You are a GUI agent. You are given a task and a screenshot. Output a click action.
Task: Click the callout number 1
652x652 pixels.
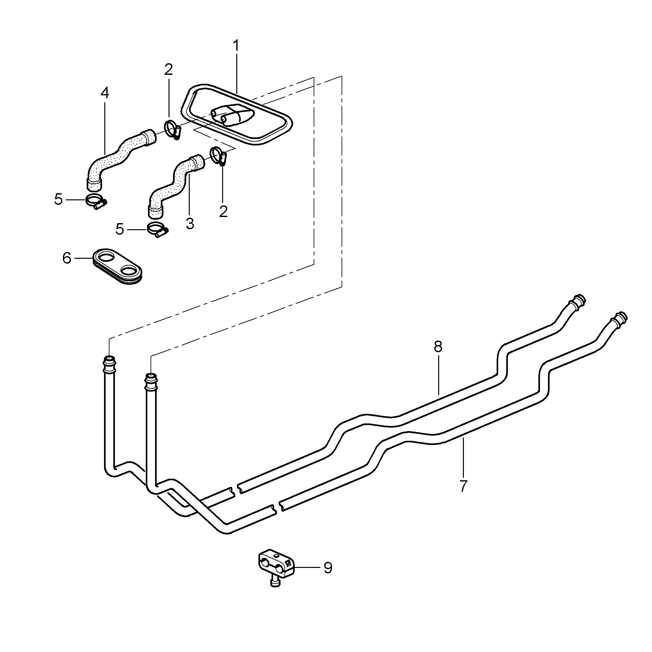pyautogui.click(x=236, y=46)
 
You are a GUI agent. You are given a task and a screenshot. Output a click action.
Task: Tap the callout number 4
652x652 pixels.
pyautogui.click(x=105, y=93)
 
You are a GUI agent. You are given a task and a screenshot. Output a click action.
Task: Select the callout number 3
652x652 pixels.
pyautogui.click(x=190, y=223)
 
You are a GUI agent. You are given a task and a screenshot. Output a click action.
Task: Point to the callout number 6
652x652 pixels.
pyautogui.click(x=67, y=258)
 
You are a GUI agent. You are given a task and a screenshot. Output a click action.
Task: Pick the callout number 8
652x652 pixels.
pyautogui.click(x=438, y=347)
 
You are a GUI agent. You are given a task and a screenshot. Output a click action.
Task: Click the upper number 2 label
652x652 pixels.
pyautogui.click(x=169, y=70)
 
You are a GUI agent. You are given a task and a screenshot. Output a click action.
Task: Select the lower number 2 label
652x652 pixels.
pyautogui.click(x=223, y=212)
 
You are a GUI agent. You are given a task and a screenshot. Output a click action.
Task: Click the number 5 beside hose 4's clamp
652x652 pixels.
pyautogui.click(x=59, y=200)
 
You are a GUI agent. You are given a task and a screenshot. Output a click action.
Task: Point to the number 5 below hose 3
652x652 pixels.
pyautogui.click(x=120, y=230)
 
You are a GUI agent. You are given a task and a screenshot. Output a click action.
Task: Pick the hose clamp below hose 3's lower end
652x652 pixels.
pyautogui.click(x=157, y=230)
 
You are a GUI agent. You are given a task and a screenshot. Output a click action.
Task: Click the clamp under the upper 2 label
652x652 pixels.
pyautogui.click(x=173, y=130)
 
